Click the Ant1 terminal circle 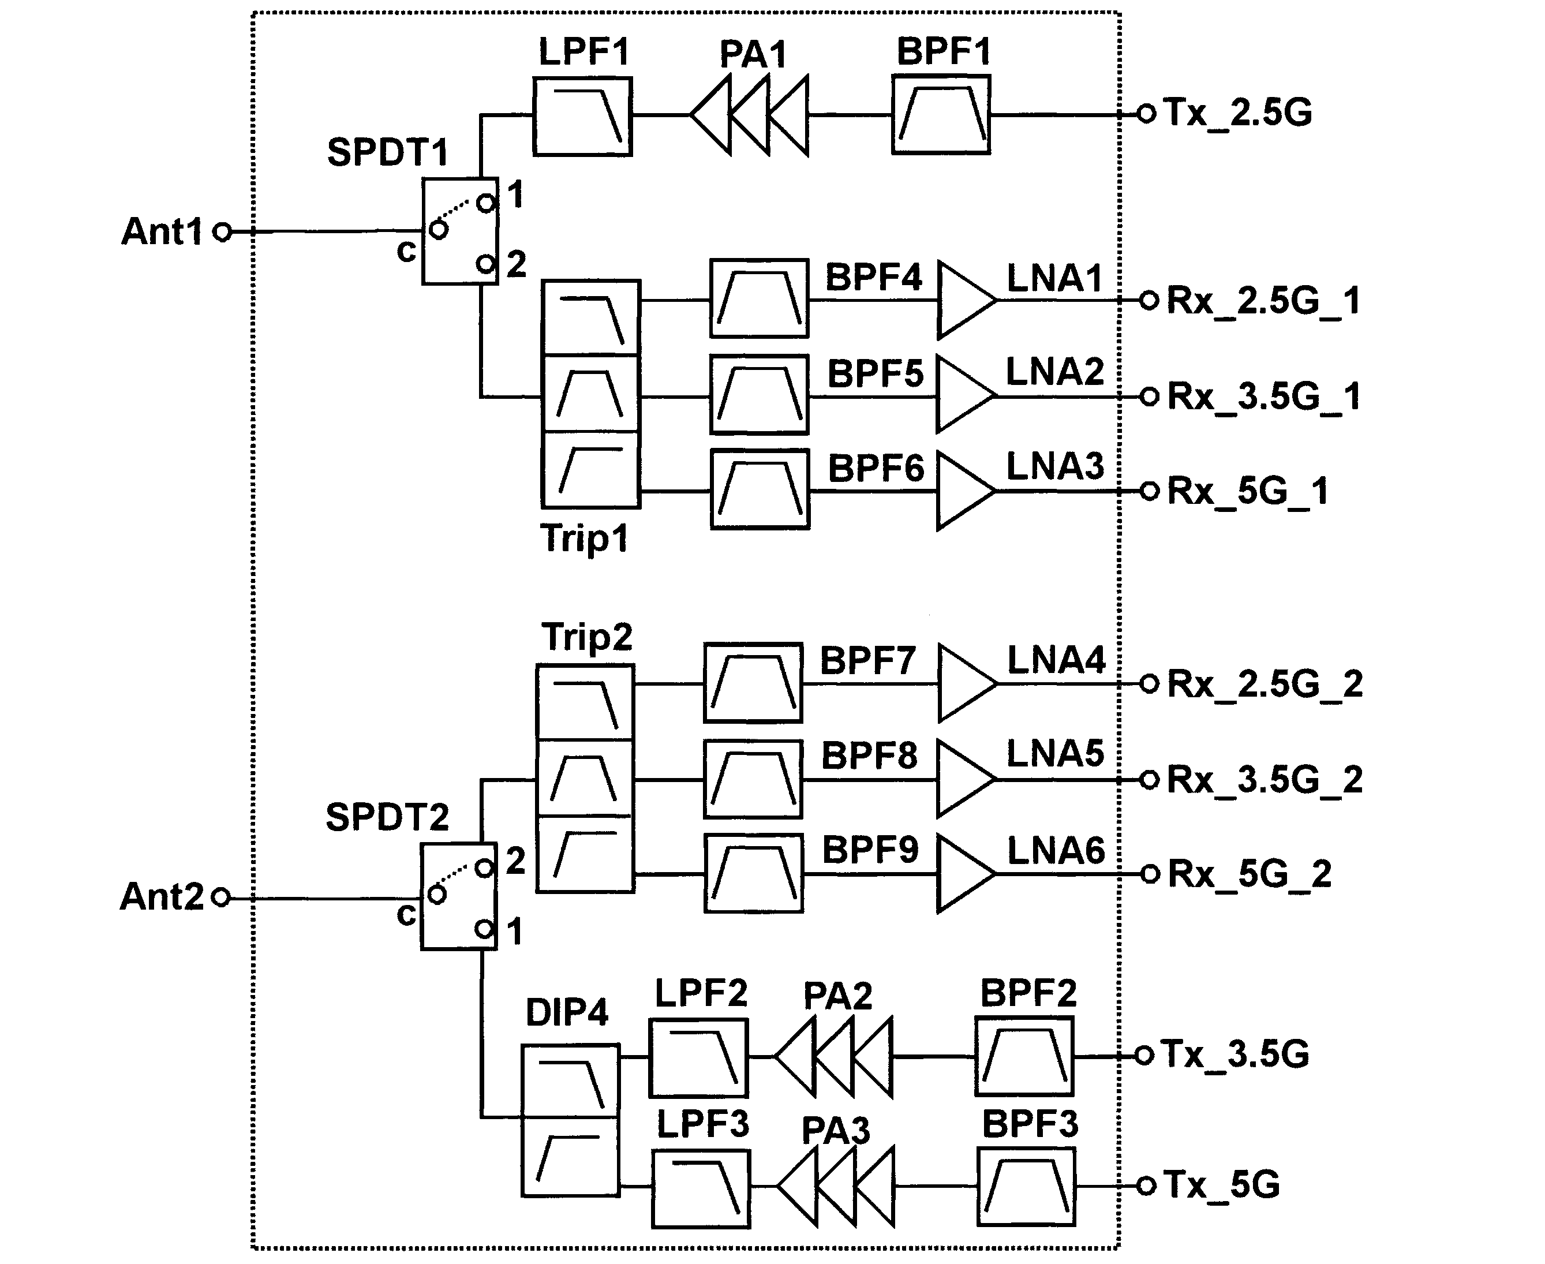222,232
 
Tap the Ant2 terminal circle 220,897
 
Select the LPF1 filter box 582,117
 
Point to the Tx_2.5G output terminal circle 1146,114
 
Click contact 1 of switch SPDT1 485,203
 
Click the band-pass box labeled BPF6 760,489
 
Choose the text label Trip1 584,540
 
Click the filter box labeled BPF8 753,779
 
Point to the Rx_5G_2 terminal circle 1150,874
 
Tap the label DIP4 566,1013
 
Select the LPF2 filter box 698,1058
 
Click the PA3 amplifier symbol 836,1186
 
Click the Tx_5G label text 1221,1184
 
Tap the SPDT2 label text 387,817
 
